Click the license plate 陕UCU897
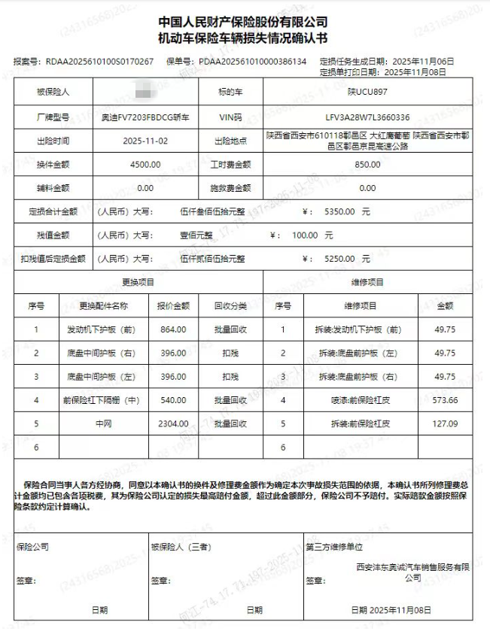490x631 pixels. coord(367,93)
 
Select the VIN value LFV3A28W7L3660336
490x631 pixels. coord(367,117)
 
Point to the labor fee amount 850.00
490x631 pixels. coord(367,165)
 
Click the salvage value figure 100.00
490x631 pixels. coord(305,235)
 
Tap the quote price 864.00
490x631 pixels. coord(172,329)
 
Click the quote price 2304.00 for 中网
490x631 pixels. coord(172,423)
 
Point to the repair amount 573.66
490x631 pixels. coord(445,400)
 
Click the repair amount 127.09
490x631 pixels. coord(445,423)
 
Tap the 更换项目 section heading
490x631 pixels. coord(138,282)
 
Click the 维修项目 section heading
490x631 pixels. coord(367,282)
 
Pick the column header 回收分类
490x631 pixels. coord(230,306)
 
